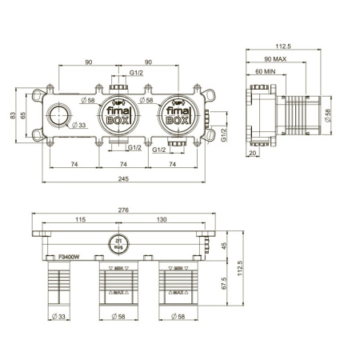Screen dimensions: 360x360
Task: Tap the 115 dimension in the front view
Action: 80,219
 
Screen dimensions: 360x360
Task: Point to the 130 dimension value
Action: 162,219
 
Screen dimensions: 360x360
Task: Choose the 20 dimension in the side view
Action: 253,153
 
